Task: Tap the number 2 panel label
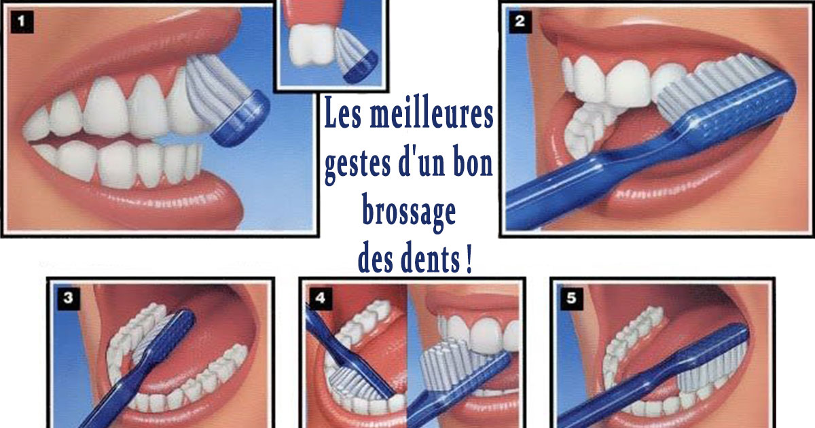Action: [520, 21]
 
